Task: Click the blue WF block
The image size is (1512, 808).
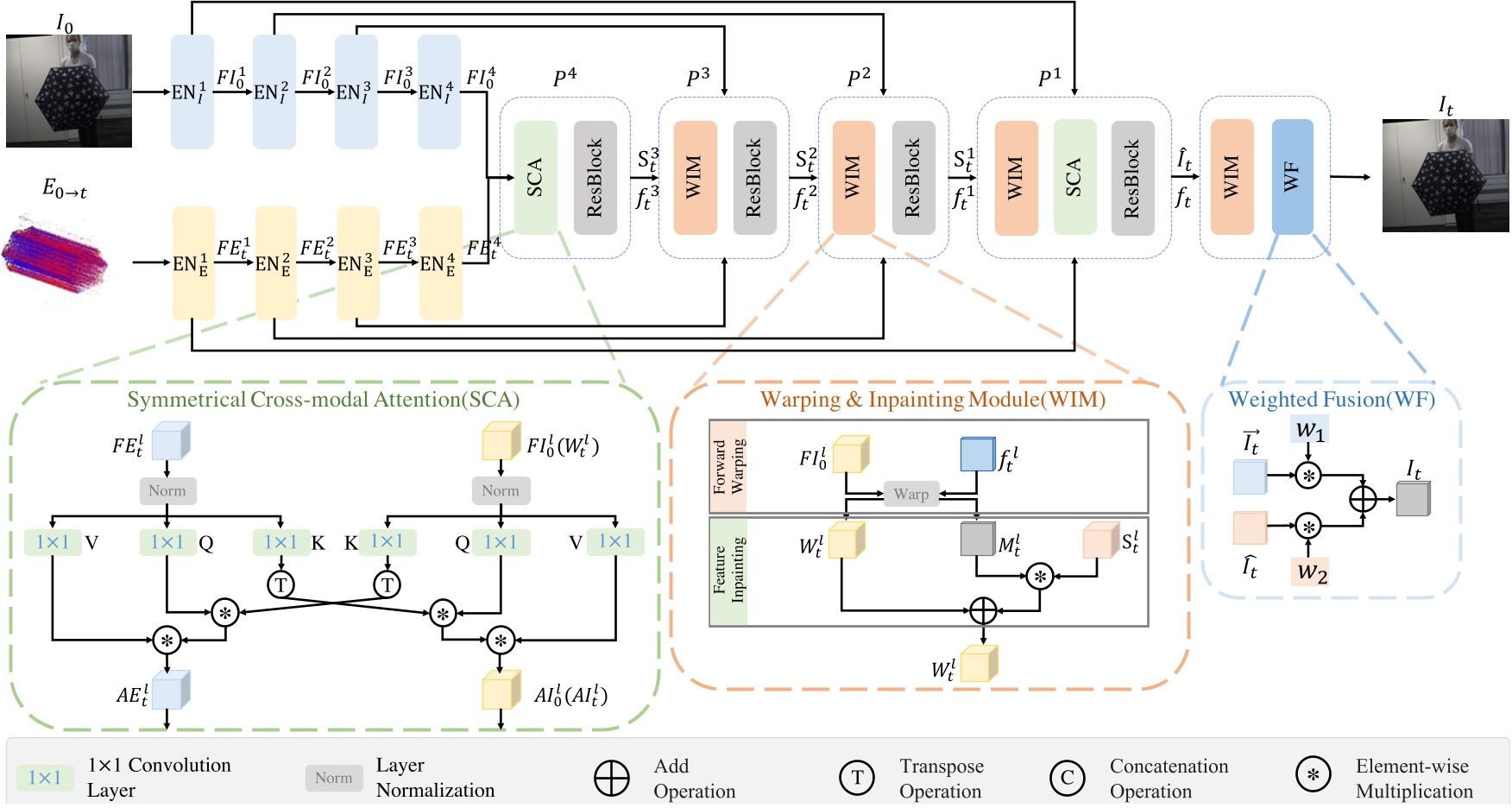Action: click(x=1292, y=177)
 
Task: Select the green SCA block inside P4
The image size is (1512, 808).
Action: click(x=535, y=177)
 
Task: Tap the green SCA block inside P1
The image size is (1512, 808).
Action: click(x=1074, y=177)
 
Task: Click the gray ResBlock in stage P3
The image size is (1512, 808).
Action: click(x=754, y=177)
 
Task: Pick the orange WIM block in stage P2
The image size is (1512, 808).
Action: click(x=853, y=177)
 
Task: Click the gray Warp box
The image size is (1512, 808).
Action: click(x=910, y=494)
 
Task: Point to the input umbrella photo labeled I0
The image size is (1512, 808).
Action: click(x=69, y=91)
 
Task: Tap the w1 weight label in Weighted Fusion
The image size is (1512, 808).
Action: click(x=1309, y=429)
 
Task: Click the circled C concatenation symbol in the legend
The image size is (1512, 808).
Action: click(x=1067, y=778)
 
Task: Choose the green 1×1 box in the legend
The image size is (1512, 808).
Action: click(x=45, y=778)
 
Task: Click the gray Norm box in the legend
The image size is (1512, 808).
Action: click(x=333, y=778)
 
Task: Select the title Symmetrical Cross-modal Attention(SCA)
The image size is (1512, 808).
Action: click(x=323, y=400)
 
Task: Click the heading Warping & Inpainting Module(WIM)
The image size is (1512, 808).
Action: click(x=932, y=400)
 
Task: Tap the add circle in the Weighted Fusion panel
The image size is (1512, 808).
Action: click(x=1363, y=499)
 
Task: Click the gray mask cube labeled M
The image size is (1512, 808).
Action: click(x=977, y=539)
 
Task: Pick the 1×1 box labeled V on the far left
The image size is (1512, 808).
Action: click(x=53, y=542)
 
